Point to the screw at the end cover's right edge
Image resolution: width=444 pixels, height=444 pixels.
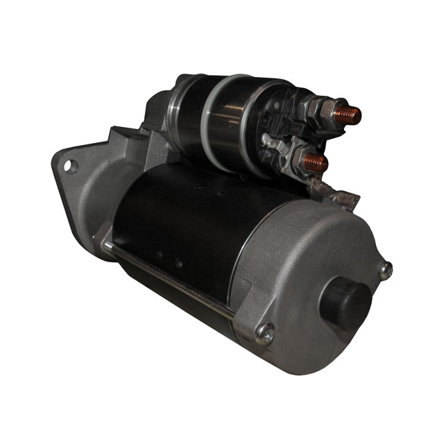[385, 270]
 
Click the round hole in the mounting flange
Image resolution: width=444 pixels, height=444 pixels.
[69, 166]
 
